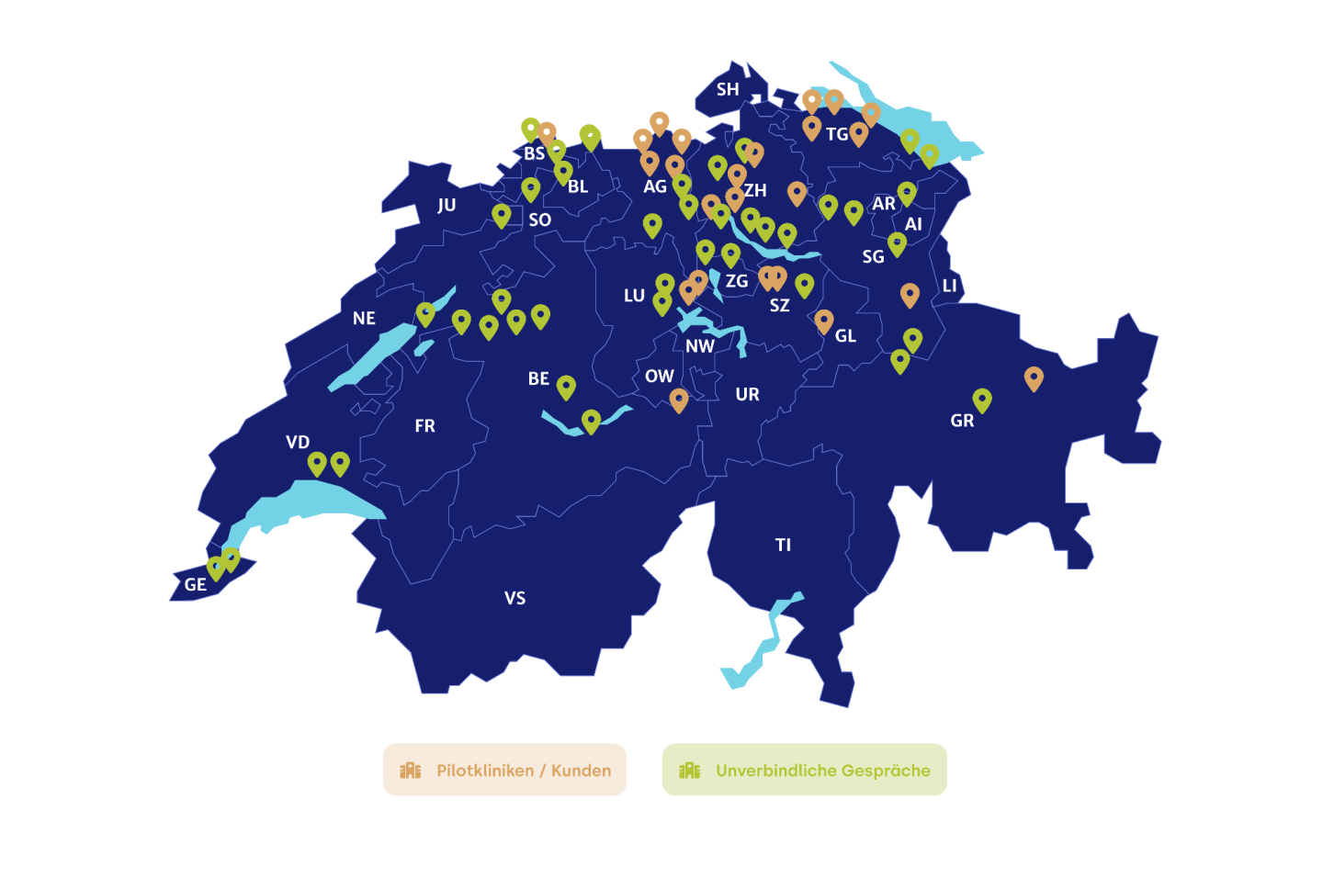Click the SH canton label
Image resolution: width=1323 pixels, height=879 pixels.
(x=728, y=89)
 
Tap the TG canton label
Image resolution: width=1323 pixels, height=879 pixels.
(x=837, y=134)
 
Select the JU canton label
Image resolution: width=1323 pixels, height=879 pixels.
(x=447, y=205)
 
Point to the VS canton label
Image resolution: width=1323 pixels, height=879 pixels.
(x=514, y=598)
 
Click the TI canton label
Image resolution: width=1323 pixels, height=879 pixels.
(x=783, y=545)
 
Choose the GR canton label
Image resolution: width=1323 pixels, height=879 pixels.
(x=962, y=421)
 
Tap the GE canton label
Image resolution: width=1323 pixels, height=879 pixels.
(x=195, y=584)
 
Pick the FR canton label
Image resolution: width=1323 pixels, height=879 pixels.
(x=424, y=425)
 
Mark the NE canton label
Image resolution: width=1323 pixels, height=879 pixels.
(x=364, y=318)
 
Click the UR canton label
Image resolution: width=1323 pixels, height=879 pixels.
(x=747, y=394)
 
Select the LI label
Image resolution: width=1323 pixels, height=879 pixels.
(x=949, y=286)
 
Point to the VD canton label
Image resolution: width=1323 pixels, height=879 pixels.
(x=298, y=442)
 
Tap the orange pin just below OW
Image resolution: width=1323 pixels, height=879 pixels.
(x=679, y=400)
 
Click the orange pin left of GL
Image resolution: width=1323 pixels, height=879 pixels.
(x=824, y=321)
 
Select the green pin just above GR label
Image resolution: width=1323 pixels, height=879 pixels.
(x=982, y=400)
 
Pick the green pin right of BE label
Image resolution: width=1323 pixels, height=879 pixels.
(x=566, y=387)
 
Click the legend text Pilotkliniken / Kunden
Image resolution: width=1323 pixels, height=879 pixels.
(x=524, y=771)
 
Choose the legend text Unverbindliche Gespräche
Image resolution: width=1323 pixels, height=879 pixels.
(x=822, y=771)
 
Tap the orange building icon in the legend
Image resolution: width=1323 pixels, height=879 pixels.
(x=410, y=771)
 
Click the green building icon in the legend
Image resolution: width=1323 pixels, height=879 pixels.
(x=689, y=771)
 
